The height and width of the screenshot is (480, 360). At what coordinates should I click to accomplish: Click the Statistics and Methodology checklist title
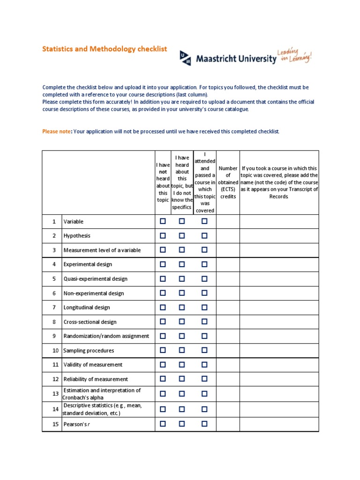105,49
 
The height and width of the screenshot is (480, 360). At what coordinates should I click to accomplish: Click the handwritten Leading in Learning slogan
294,55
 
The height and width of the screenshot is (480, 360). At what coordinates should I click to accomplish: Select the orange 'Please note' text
56,131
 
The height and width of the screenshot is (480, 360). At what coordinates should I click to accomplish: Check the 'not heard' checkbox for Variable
163,221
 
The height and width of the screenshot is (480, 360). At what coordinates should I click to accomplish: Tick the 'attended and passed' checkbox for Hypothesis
204,235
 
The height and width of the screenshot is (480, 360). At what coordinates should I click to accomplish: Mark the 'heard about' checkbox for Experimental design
182,264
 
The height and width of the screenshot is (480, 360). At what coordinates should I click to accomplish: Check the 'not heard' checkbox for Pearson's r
163,424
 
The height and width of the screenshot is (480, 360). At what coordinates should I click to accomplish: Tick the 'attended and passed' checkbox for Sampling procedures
204,350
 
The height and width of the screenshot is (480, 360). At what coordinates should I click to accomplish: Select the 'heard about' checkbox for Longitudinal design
182,307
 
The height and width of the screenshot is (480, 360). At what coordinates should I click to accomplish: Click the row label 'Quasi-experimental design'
95,279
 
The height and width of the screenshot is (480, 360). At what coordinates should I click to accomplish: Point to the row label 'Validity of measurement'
93,365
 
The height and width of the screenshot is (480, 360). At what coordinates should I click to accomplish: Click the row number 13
55,394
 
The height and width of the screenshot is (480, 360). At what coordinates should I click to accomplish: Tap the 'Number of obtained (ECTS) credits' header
228,182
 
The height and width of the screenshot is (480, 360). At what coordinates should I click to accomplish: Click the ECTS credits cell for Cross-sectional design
228,322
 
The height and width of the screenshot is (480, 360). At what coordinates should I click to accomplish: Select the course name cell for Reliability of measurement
279,379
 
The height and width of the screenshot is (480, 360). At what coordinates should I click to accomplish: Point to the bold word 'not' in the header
163,172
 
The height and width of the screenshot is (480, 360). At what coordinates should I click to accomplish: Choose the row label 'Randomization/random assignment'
106,336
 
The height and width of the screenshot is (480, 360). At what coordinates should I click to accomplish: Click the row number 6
54,293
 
